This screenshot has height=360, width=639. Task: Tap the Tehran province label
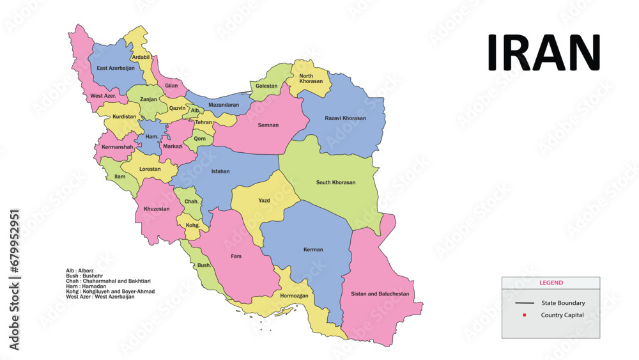[x=203, y=122]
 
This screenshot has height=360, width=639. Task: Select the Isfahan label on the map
[x=220, y=171]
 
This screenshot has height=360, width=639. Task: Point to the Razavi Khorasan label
[x=345, y=118]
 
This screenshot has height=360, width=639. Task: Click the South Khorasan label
[x=335, y=182]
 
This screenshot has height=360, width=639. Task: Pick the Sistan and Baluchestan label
[x=380, y=294]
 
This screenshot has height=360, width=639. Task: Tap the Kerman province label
[x=313, y=249]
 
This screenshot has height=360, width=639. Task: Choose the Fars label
[x=236, y=256]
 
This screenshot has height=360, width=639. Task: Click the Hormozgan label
[x=294, y=296]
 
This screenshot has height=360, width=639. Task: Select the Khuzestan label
[x=157, y=209]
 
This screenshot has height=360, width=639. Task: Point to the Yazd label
[x=264, y=201]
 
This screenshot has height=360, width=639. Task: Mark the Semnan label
[x=268, y=125]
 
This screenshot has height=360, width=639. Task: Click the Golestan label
[x=266, y=86]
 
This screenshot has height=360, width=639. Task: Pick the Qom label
[x=200, y=138]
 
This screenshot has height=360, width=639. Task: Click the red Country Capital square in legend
[x=524, y=315]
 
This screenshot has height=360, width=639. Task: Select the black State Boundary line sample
[x=525, y=303]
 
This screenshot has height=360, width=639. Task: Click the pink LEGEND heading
[x=551, y=283]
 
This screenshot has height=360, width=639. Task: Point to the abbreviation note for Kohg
[x=110, y=292]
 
